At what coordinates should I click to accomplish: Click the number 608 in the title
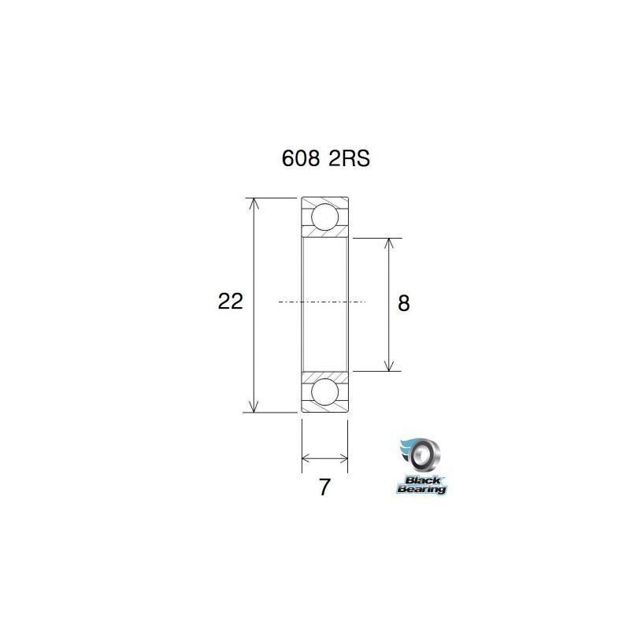pyautogui.click(x=300, y=158)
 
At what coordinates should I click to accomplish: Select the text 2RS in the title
pyautogui.click(x=347, y=158)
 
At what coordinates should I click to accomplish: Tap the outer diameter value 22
pyautogui.click(x=230, y=302)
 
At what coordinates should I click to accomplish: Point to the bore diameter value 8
pyautogui.click(x=404, y=303)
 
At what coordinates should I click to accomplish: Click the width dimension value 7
pyautogui.click(x=324, y=487)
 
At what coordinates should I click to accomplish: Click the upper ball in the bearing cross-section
pyautogui.click(x=324, y=217)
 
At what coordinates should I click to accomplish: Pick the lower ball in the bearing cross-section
pyautogui.click(x=324, y=391)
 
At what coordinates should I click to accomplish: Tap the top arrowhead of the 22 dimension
pyautogui.click(x=254, y=203)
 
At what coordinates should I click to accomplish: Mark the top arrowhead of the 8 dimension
pyautogui.click(x=387, y=243)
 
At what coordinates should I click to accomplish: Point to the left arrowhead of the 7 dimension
pyautogui.click(x=306, y=457)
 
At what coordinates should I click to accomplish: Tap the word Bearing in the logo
pyautogui.click(x=421, y=489)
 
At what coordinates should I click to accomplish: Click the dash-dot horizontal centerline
pyautogui.click(x=323, y=302)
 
